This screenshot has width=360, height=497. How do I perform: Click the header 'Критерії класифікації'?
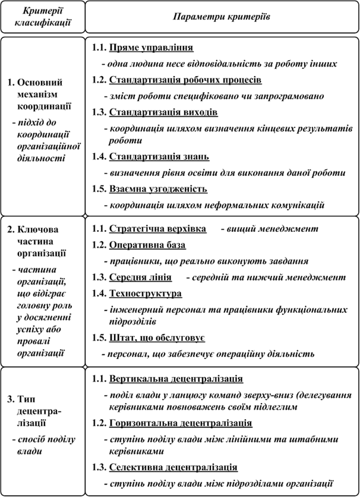(x=42, y=18)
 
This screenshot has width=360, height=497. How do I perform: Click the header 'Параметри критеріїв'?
(x=222, y=17)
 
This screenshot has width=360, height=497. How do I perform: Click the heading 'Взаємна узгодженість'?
(x=158, y=189)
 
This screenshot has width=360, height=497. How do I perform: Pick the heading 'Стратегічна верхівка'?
(x=157, y=228)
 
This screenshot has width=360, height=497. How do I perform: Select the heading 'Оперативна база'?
(x=148, y=244)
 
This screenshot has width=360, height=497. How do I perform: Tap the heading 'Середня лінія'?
(x=141, y=277)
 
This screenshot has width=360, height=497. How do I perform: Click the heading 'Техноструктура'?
(x=146, y=293)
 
